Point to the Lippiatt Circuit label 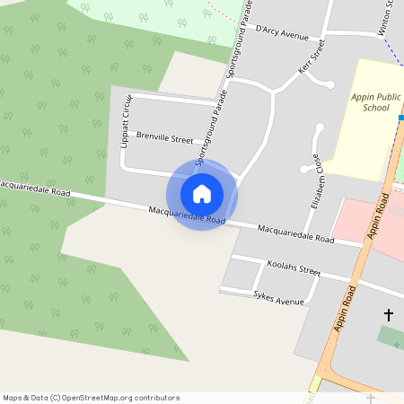point(127,120)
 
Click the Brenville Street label point(164,139)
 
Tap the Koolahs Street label point(294,268)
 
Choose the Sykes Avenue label point(279,299)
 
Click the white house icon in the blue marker point(202,193)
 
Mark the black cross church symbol point(389,314)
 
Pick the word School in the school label point(375,108)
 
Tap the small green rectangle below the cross point(390,338)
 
